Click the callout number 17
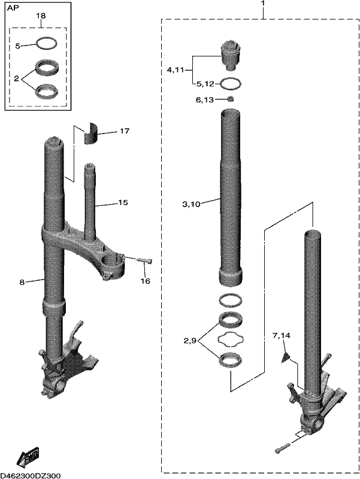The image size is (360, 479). point(125,131)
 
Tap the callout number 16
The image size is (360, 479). point(146,280)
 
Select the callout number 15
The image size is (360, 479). point(123,202)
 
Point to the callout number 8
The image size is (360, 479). point(22,282)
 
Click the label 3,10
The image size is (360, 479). point(191,204)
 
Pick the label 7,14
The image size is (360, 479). point(282,335)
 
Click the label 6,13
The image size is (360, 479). point(205,100)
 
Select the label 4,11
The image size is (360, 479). point(175,70)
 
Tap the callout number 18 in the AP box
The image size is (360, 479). point(41,16)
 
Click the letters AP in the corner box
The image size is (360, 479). point(13,8)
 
